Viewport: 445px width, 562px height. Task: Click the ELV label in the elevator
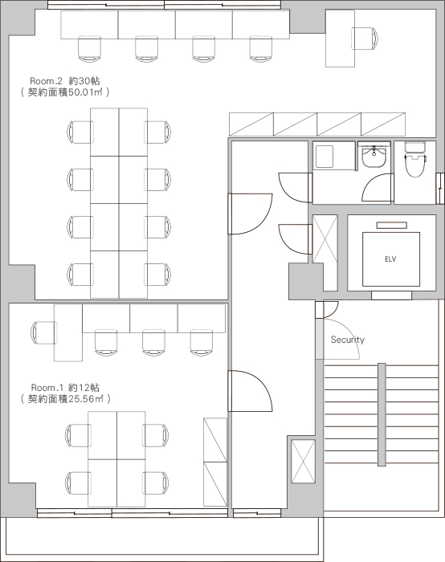click(390, 259)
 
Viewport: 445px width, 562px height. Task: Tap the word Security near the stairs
click(348, 340)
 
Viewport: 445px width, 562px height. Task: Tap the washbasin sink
click(374, 157)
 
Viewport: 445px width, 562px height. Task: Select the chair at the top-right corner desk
click(365, 39)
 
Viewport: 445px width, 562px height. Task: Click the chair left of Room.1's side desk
click(43, 332)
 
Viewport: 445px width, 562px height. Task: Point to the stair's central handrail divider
click(382, 415)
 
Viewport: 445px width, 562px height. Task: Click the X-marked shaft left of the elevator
click(325, 238)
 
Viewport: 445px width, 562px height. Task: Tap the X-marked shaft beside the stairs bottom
click(303, 461)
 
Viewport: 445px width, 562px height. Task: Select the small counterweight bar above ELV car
click(391, 225)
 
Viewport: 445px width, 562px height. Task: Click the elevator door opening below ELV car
click(391, 295)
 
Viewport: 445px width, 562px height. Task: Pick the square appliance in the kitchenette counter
click(325, 157)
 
